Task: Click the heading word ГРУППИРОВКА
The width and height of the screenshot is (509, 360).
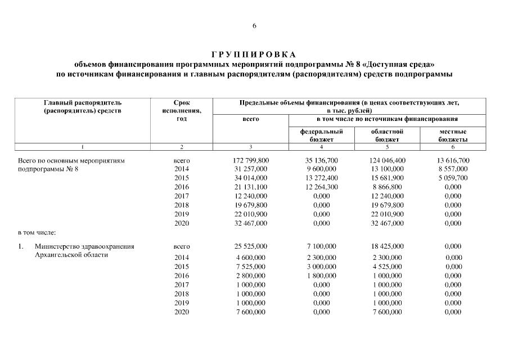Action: (x=254, y=55)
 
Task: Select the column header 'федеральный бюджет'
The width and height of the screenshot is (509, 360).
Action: (x=321, y=134)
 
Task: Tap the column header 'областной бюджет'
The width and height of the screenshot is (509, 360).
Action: (x=386, y=134)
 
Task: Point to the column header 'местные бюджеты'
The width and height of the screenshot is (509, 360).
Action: (x=453, y=134)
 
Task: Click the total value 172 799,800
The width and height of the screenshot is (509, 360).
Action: (x=250, y=160)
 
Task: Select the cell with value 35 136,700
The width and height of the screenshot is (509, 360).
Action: (x=321, y=160)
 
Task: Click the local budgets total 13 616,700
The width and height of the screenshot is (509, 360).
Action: (x=453, y=160)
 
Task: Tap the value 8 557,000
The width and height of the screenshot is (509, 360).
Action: (x=453, y=168)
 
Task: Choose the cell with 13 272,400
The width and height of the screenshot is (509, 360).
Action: (x=321, y=178)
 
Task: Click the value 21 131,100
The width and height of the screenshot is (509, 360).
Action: (x=250, y=187)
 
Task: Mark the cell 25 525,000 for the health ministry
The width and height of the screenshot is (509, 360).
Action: (x=250, y=246)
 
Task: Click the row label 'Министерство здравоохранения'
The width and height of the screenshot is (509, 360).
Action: (x=84, y=246)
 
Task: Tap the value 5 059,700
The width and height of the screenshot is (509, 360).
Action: (x=453, y=178)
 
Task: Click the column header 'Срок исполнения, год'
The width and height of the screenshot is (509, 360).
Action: (x=182, y=111)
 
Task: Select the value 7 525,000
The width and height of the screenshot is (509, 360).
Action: (x=250, y=266)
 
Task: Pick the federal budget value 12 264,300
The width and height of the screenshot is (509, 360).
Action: (x=321, y=187)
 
